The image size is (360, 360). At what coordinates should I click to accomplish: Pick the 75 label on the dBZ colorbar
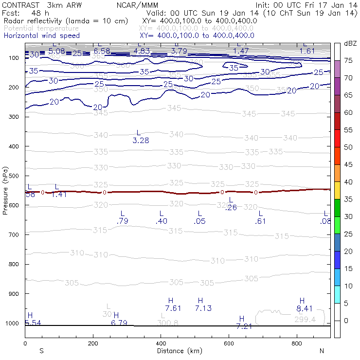(x=348, y=61)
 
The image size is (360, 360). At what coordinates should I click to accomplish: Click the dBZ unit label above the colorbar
(x=350, y=43)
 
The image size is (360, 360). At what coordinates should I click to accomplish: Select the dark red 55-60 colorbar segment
(x=338, y=121)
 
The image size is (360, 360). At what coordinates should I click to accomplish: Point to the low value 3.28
(x=141, y=141)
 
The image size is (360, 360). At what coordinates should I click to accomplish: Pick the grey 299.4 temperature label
(x=305, y=320)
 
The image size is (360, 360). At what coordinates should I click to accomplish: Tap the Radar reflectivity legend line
(x=66, y=21)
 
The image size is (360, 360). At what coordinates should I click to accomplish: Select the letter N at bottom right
(x=321, y=351)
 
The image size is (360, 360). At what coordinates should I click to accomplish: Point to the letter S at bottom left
(x=41, y=351)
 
